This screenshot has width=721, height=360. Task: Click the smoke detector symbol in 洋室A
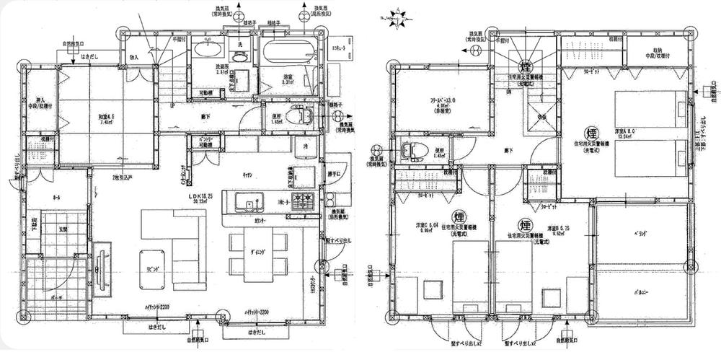point(589,133)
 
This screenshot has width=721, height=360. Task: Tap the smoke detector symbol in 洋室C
point(459,216)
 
